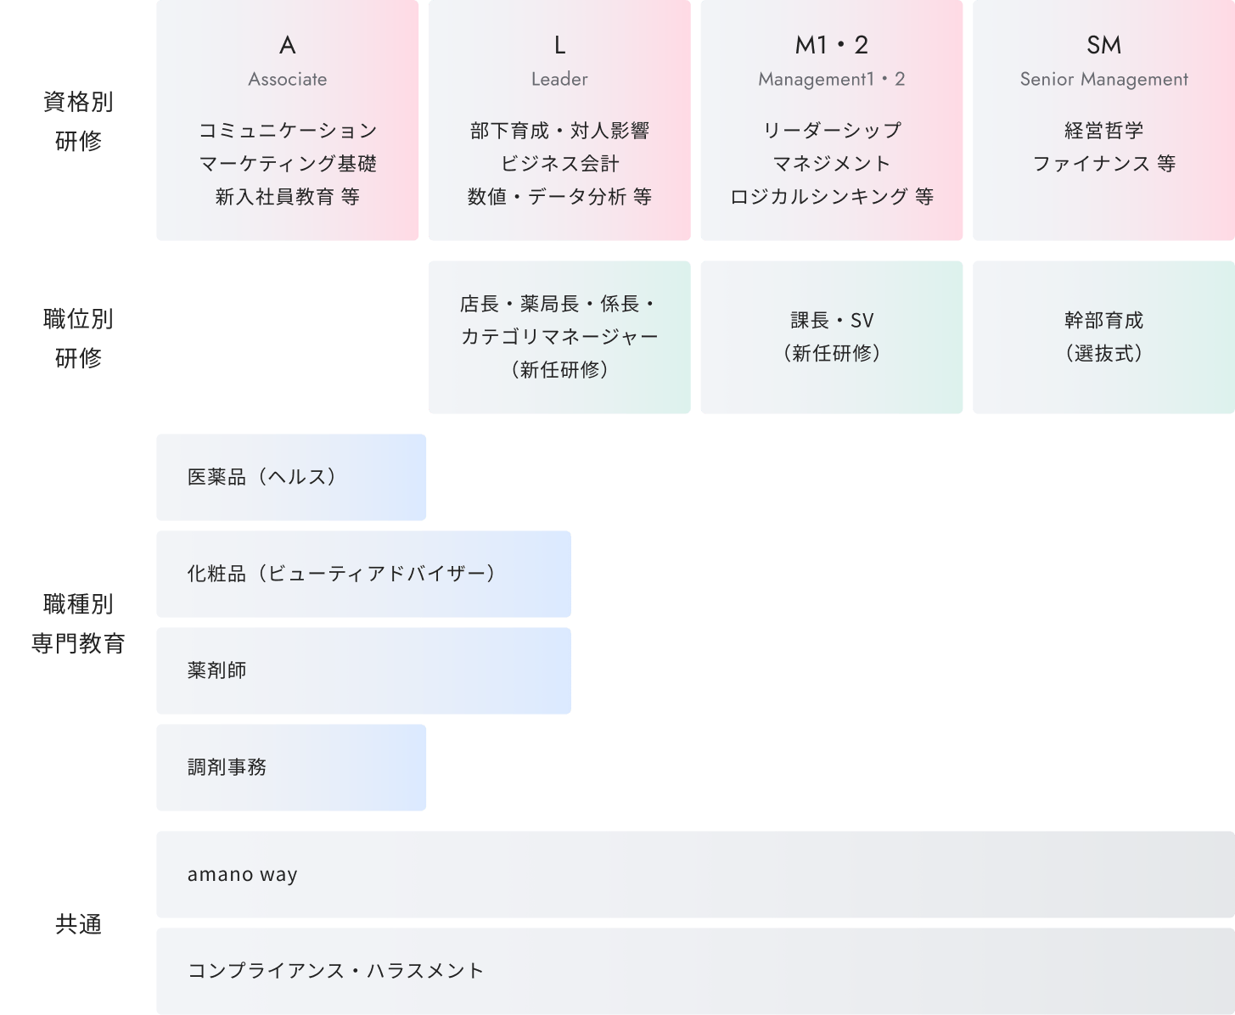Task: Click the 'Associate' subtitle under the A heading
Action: tap(288, 79)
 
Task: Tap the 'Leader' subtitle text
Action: tap(559, 79)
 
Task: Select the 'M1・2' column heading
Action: tap(832, 45)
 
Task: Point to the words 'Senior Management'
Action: tap(1103, 79)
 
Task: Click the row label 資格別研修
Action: tap(78, 121)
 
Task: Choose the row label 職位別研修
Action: tap(78, 339)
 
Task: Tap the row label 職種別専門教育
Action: tap(78, 624)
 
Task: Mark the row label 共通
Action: tap(78, 924)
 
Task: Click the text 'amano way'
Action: tap(243, 874)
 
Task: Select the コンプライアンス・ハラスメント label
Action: tap(335, 971)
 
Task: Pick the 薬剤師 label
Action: tap(216, 670)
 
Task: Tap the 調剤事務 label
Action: tap(227, 767)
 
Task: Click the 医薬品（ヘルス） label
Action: tap(261, 477)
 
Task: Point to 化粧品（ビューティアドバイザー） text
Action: tap(341, 574)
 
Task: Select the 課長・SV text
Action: tap(832, 321)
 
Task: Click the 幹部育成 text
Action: tap(1103, 321)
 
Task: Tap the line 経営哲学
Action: tap(1103, 131)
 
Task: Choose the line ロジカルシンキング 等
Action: tap(832, 197)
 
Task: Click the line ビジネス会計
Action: tap(559, 164)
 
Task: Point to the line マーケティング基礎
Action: tap(288, 164)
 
